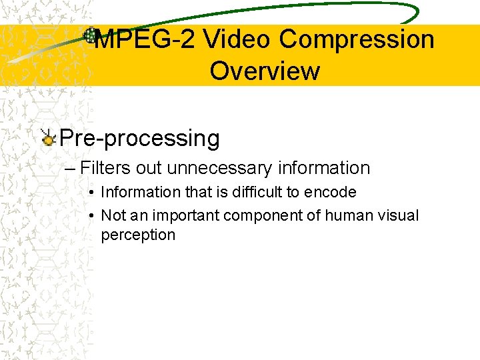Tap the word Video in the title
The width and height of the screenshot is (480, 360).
pyautogui.click(x=237, y=40)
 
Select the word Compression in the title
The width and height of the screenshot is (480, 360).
pyautogui.click(x=357, y=40)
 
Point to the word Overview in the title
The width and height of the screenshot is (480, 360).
pyautogui.click(x=265, y=71)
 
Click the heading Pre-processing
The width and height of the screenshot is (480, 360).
pyautogui.click(x=139, y=139)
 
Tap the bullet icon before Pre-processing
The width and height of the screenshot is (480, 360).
pyautogui.click(x=48, y=138)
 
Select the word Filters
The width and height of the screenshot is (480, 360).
pyautogui.click(x=106, y=168)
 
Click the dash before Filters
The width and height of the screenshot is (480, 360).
pyautogui.click(x=71, y=168)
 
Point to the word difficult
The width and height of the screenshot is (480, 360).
pyautogui.click(x=260, y=192)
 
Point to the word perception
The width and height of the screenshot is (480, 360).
pyautogui.click(x=138, y=235)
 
